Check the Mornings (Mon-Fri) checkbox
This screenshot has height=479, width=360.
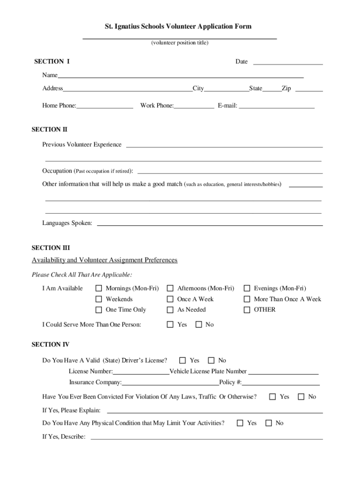click(x=99, y=289)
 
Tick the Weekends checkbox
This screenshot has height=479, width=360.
click(x=99, y=299)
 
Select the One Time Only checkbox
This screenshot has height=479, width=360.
click(x=99, y=310)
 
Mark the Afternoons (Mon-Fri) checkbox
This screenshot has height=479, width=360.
click(x=170, y=289)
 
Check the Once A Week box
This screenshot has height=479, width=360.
click(x=170, y=299)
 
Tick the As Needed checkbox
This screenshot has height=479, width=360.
click(x=170, y=310)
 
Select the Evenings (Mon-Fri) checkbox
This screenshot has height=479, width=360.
click(x=247, y=289)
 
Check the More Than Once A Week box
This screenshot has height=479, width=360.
click(x=247, y=299)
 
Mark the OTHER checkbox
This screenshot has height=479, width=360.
click(x=247, y=310)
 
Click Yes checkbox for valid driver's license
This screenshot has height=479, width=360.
click(x=183, y=360)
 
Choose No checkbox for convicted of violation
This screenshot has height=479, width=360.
click(x=301, y=397)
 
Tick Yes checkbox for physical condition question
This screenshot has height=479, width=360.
click(x=240, y=423)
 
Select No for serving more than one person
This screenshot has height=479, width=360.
click(x=198, y=324)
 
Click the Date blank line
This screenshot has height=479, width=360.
click(x=288, y=62)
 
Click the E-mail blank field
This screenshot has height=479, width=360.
click(x=277, y=106)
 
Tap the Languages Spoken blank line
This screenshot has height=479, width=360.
click(x=209, y=223)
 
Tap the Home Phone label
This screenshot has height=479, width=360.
click(x=59, y=106)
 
